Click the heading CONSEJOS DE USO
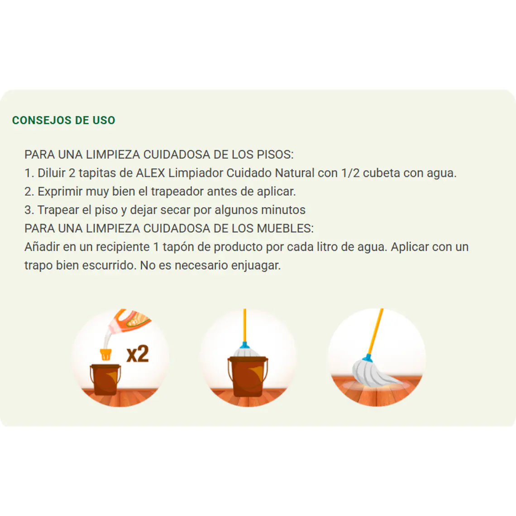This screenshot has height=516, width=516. pos(63,120)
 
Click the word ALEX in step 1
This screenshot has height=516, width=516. pos(150,173)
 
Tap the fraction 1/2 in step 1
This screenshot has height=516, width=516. pos(350,173)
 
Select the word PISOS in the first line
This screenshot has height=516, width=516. pos(275,154)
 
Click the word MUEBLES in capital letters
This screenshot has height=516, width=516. pos(285,228)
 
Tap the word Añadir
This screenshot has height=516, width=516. pos(42,247)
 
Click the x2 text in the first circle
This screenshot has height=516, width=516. pos(138,354)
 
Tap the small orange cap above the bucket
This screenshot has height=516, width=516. pos(105,354)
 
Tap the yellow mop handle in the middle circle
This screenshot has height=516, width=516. pos(245,326)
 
